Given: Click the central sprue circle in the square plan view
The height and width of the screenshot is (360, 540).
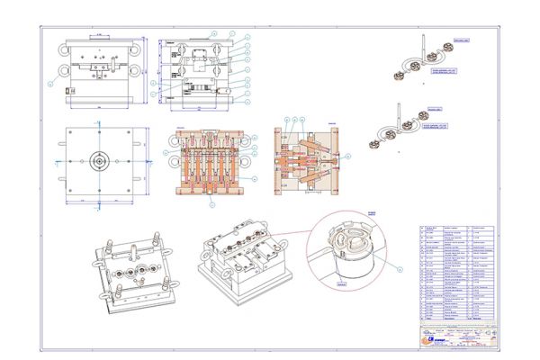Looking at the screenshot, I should [x=96, y=162].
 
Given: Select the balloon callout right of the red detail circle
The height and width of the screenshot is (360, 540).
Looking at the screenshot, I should [x=402, y=267].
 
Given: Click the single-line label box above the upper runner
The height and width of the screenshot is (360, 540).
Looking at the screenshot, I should [x=461, y=40].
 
